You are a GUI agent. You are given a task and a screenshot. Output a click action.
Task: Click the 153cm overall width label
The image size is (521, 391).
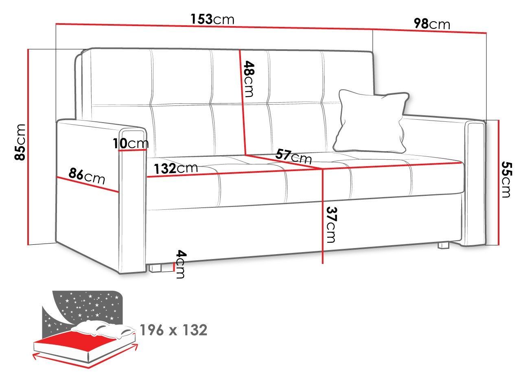pyautogui.click(x=212, y=20)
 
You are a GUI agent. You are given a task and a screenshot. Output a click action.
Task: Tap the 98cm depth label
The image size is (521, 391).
pyautogui.click(x=432, y=24)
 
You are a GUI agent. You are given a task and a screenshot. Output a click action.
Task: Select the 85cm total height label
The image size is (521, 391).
pyautogui.click(x=20, y=142)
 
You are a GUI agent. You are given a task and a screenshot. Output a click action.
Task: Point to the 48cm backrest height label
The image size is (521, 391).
pyautogui.click(x=249, y=79)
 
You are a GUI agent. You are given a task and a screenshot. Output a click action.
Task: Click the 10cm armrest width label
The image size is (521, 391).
pyautogui.click(x=131, y=143)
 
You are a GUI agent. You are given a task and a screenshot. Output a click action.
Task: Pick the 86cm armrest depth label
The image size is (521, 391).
pyautogui.click(x=87, y=176)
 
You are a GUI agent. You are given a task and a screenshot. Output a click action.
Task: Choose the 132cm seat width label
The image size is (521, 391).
pyautogui.click(x=176, y=168)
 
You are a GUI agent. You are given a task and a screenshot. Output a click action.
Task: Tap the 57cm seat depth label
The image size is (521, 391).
pyautogui.click(x=293, y=156)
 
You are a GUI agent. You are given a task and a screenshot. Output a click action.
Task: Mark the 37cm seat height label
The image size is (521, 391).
pyautogui.click(x=331, y=224)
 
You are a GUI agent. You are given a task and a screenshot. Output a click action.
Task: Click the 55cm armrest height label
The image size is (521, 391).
pyautogui.click(x=506, y=180)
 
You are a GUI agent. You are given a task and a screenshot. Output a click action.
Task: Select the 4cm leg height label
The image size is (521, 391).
pyautogui.click(x=181, y=264)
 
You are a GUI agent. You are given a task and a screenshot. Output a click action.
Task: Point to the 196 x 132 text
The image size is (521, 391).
pyautogui.click(x=173, y=330)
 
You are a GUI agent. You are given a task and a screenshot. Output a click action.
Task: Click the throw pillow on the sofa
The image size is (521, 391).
pyautogui.click(x=371, y=121)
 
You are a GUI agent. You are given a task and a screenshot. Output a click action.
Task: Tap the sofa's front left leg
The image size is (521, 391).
pyautogui.click(x=155, y=268)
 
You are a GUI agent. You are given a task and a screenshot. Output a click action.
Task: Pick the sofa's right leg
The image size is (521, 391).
pyautogui.click(x=443, y=245)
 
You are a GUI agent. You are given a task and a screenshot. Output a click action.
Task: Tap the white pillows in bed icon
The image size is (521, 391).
pyautogui.click(x=103, y=328)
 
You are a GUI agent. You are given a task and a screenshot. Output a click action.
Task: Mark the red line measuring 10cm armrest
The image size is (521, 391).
pyautogui.click(x=132, y=150)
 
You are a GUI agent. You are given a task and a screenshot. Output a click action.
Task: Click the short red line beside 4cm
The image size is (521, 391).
pyautogui.click(x=174, y=267)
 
